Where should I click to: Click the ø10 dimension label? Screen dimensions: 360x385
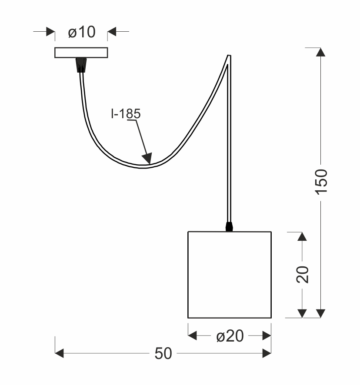(82, 32)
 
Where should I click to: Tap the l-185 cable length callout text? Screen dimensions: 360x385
(126, 114)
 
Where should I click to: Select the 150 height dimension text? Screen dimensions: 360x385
(321, 182)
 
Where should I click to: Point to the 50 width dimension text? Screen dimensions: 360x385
(163, 354)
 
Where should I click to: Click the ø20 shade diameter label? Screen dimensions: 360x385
(230, 336)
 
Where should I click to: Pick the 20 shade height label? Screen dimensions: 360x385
(303, 275)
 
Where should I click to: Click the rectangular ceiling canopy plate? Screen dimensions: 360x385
(81, 53)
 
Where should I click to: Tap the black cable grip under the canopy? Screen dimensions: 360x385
(81, 65)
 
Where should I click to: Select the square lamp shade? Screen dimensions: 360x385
(230, 275)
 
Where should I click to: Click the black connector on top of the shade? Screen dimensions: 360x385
(229, 227)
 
